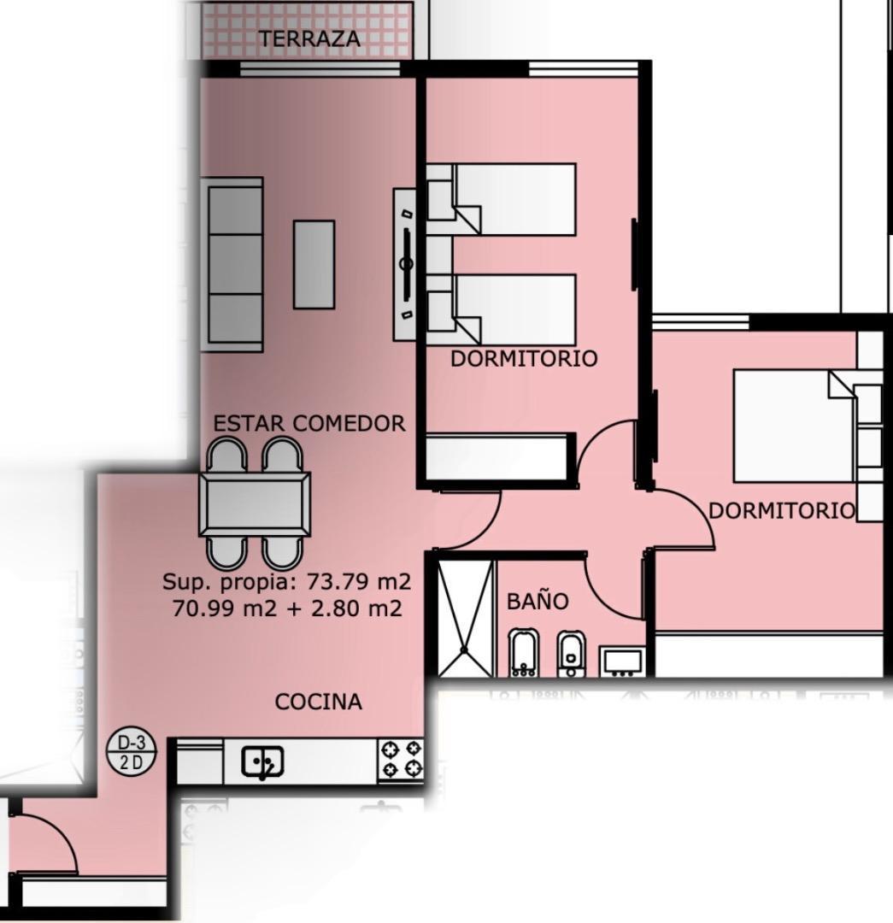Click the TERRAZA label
point(309,38)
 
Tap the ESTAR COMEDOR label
point(309,423)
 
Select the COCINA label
point(319,702)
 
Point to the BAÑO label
point(538,600)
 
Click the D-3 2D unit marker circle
point(132,750)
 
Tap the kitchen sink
point(262,762)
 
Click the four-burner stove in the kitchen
point(400,760)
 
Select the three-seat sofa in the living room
point(232,265)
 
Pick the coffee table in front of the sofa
point(314,265)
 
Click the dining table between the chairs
point(255,504)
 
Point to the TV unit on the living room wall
point(405,264)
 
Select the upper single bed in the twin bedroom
point(501,199)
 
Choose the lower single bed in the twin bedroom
point(501,309)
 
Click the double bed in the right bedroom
point(807,426)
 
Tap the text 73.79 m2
point(358,582)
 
